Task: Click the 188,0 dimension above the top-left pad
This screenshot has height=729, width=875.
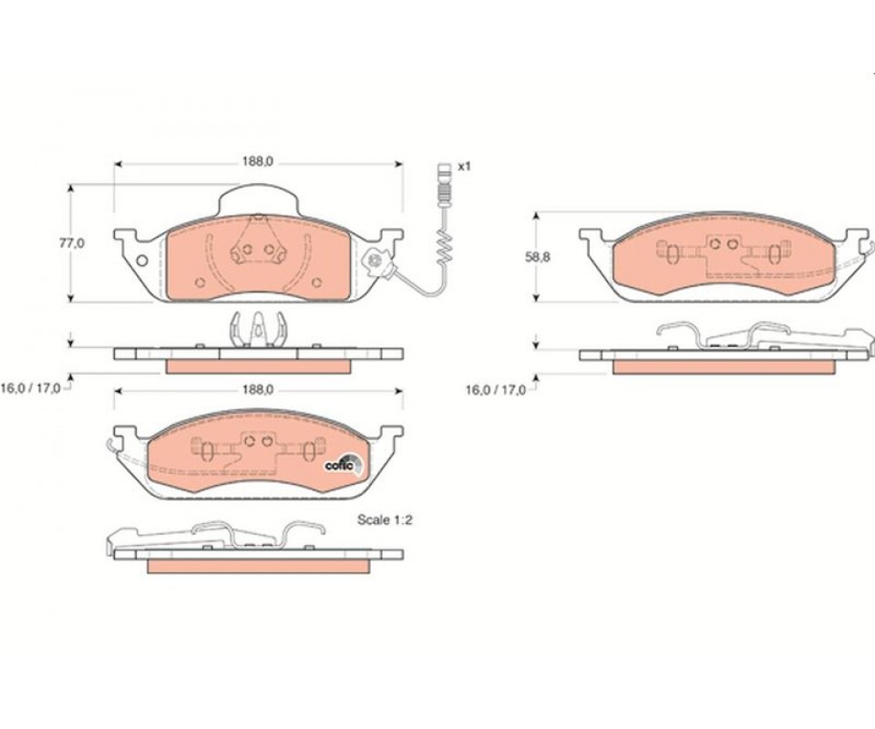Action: coord(257,162)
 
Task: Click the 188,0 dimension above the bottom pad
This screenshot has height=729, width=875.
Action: coord(257,390)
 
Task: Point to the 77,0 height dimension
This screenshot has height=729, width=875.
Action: coord(72,242)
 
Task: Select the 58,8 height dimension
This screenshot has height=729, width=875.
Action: coord(538,257)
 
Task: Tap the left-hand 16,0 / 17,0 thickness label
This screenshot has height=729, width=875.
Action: coord(30,389)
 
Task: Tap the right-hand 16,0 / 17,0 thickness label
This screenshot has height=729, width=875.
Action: coord(496,390)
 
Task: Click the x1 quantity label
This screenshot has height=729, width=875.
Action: coord(464,166)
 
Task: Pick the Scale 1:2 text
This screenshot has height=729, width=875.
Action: coord(385,519)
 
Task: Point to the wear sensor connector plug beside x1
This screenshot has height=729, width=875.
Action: coord(444,181)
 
